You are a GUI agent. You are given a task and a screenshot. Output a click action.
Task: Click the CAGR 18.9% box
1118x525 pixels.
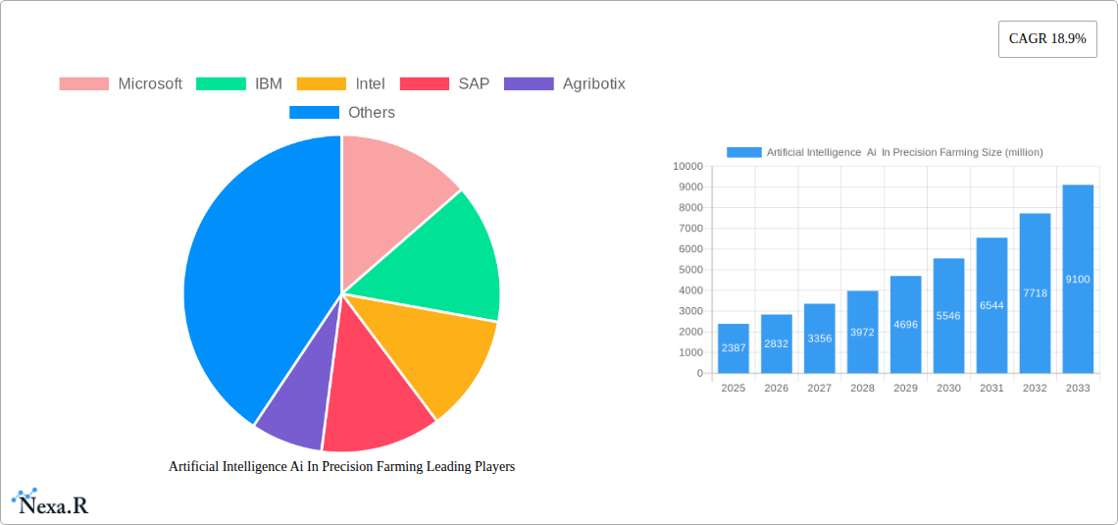[1046, 39]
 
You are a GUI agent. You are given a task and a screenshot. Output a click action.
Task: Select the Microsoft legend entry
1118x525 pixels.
[121, 83]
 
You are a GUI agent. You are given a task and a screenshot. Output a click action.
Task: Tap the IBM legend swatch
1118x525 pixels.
[221, 83]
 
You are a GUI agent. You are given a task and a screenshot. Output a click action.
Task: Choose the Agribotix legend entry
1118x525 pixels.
[564, 83]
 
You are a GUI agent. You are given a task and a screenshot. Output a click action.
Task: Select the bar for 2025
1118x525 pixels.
[733, 348]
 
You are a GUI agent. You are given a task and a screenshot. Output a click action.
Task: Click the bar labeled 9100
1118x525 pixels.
[1078, 279]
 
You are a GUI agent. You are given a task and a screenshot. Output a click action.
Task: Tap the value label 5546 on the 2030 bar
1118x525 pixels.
[948, 316]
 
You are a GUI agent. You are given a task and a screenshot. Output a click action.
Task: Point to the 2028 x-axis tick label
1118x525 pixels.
[862, 389]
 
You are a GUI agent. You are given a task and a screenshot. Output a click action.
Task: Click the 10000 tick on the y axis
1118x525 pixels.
[687, 167]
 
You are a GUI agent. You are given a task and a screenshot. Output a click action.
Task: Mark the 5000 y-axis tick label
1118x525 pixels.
[690, 270]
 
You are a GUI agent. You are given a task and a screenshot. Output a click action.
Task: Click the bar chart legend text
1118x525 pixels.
[904, 152]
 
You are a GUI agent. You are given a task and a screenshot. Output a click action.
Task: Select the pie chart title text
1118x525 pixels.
[341, 466]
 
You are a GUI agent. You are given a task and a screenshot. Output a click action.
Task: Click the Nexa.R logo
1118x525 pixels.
[50, 502]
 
